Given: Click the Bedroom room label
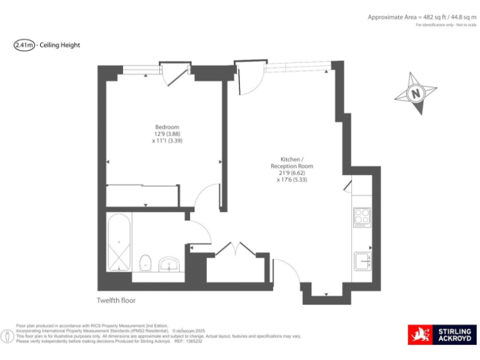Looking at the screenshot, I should point(167,127).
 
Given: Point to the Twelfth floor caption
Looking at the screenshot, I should point(116,300).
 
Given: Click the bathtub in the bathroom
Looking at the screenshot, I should point(119,242).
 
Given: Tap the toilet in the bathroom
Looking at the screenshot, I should point(146,262).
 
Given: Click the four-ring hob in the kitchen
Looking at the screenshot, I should point(362,217).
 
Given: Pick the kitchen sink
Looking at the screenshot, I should point(362,259).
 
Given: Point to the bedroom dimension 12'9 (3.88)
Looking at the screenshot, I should point(167,134).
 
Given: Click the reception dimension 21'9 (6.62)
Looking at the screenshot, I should point(291,172).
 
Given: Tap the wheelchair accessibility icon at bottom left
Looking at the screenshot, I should point(7,336).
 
